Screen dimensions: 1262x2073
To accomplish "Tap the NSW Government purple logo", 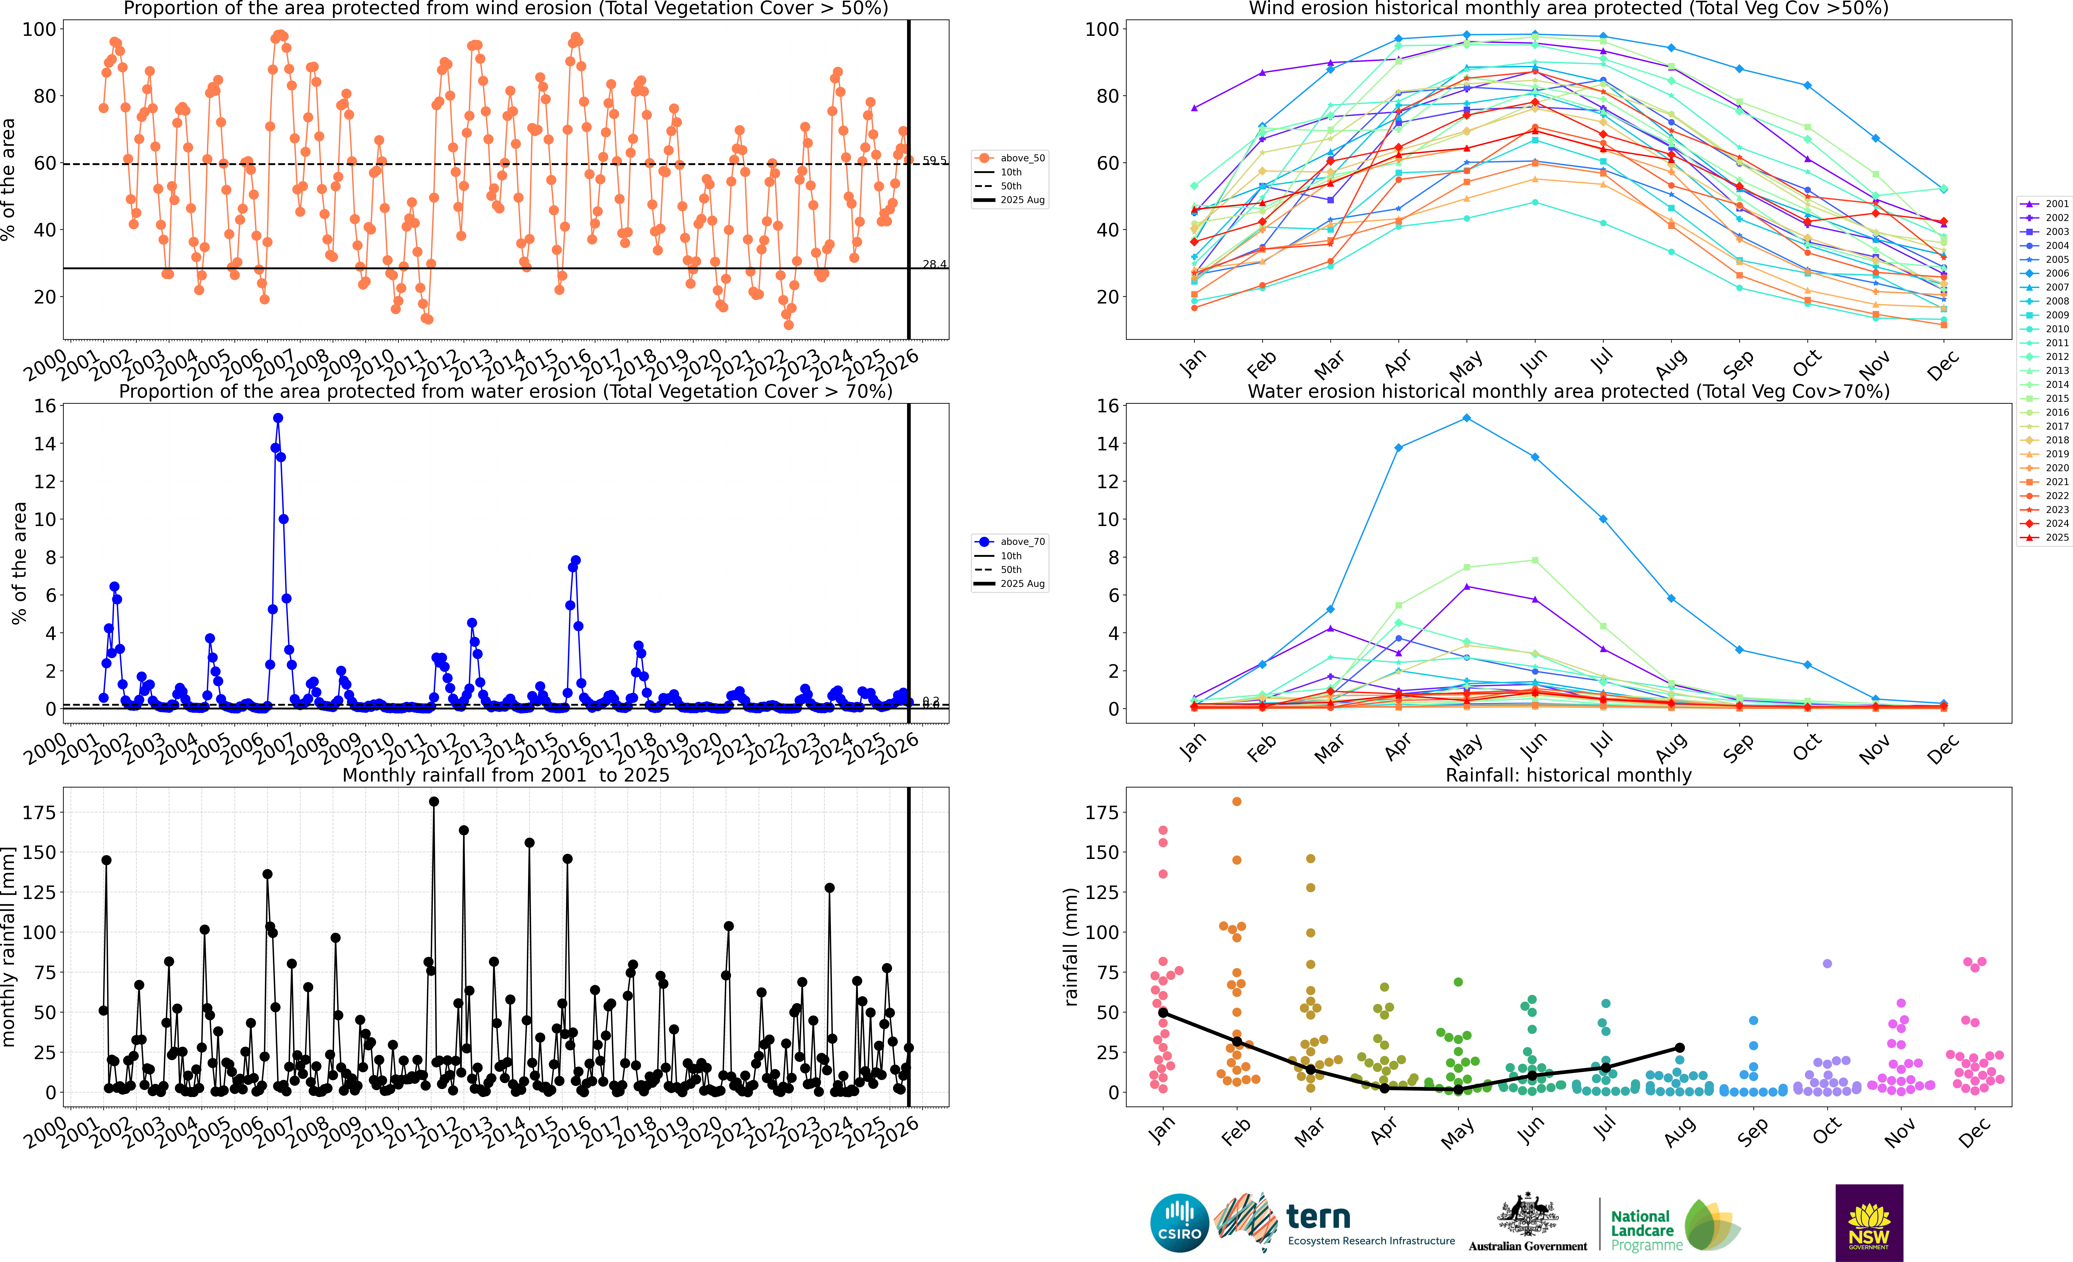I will click(x=1869, y=1222).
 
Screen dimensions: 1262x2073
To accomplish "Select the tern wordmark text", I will click(x=1318, y=1217).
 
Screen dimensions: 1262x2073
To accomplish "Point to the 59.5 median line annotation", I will click(x=934, y=160).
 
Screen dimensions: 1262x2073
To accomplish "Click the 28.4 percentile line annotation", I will click(x=934, y=264).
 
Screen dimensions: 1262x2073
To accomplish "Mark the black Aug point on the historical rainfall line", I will click(x=1679, y=1047).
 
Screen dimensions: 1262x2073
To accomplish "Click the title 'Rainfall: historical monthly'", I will click(x=1568, y=775).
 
